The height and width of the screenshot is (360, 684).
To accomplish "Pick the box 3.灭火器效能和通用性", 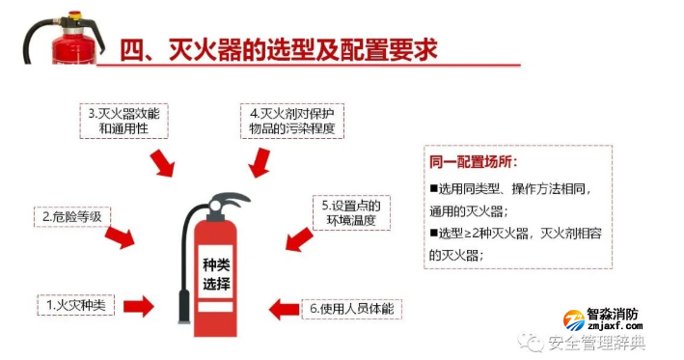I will tap(123, 119).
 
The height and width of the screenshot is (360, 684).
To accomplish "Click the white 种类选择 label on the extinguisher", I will tap(216, 274).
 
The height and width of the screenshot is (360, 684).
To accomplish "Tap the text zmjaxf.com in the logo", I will tap(613, 327).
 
